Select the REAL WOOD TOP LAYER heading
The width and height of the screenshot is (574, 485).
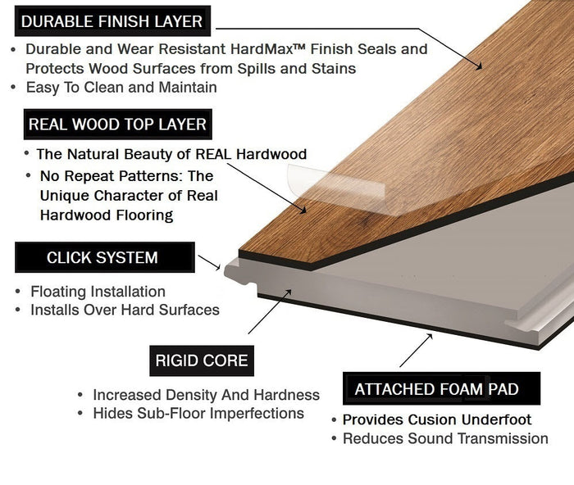click(116, 125)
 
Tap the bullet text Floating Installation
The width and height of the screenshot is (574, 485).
click(98, 292)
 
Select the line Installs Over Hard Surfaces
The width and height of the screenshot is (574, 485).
click(125, 310)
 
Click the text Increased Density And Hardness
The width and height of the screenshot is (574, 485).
click(206, 395)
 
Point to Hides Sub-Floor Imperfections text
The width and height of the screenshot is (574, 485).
click(198, 414)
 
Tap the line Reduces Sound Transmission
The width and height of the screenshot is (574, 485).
click(445, 438)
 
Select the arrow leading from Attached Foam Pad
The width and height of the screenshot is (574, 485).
click(417, 352)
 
